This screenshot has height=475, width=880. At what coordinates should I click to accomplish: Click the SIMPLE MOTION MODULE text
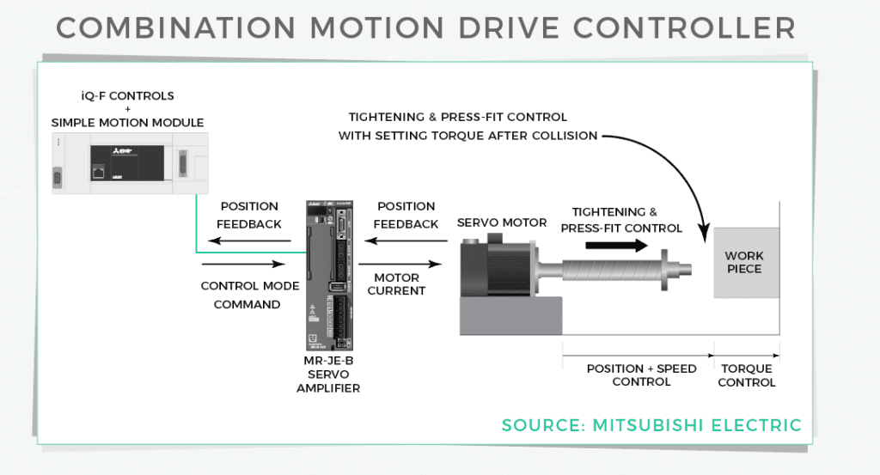click(x=127, y=122)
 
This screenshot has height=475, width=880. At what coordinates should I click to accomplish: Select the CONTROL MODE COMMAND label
click(x=249, y=295)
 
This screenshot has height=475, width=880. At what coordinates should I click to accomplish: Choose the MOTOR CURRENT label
click(x=396, y=284)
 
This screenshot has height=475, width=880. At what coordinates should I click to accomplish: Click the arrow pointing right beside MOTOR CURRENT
click(x=400, y=265)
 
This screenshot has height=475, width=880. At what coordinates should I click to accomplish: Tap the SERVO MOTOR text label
click(x=501, y=222)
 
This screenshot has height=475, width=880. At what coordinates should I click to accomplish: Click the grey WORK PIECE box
click(x=743, y=263)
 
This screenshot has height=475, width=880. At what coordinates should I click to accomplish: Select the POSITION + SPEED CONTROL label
click(x=641, y=375)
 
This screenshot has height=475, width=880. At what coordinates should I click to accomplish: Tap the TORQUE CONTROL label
click(x=746, y=375)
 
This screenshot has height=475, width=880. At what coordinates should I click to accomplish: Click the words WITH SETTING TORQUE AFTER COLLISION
click(x=468, y=135)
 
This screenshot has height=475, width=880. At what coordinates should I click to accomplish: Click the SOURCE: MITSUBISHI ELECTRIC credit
click(x=651, y=425)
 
